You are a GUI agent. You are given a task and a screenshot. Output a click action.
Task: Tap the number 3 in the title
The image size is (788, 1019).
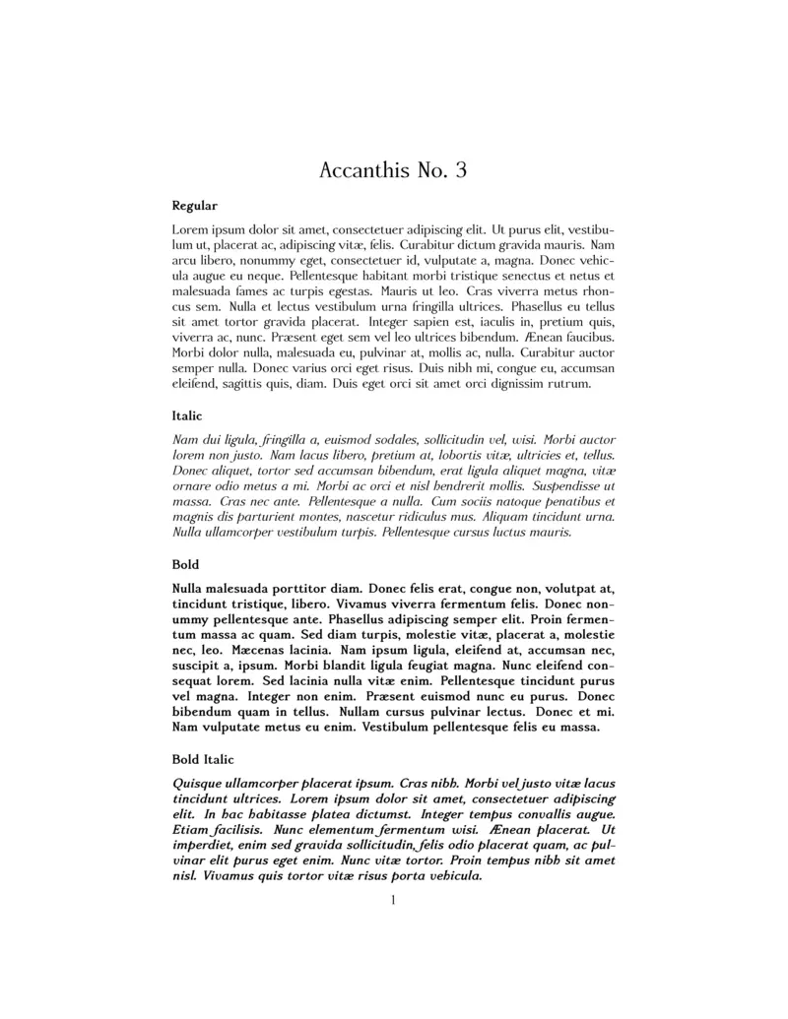(x=459, y=171)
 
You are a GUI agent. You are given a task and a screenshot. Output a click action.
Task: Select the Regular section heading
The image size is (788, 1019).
(x=195, y=206)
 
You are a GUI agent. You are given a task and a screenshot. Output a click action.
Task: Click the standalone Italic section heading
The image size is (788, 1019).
(x=187, y=416)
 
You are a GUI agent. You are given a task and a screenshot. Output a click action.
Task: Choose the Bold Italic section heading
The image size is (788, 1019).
(x=203, y=759)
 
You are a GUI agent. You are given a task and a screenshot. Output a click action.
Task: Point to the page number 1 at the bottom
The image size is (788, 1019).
(x=393, y=900)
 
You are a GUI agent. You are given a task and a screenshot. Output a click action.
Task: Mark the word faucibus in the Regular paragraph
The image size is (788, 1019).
(x=589, y=338)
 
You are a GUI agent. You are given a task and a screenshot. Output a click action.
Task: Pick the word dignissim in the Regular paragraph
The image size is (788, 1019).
(x=500, y=384)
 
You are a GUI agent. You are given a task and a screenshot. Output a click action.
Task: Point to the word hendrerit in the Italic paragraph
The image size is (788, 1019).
(x=457, y=486)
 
